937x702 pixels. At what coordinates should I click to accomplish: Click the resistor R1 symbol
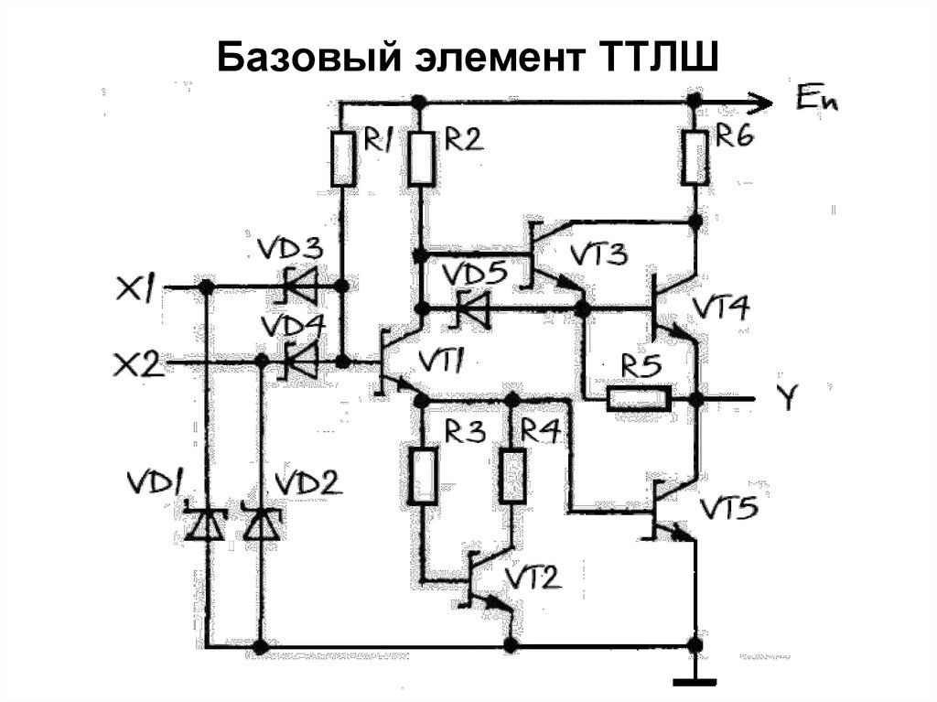click(342, 157)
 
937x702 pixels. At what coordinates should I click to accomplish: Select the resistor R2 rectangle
click(421, 157)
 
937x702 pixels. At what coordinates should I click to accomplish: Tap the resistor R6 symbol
click(695, 157)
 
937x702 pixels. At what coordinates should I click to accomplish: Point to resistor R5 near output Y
click(638, 399)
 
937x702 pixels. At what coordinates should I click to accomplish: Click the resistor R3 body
click(423, 477)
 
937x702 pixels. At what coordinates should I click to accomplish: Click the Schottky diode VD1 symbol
click(205, 524)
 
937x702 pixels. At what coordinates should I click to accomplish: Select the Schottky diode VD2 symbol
click(261, 524)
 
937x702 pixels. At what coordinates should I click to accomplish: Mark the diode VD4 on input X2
click(302, 362)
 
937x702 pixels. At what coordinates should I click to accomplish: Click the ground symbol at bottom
click(695, 681)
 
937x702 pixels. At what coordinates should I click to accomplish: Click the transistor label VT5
click(728, 509)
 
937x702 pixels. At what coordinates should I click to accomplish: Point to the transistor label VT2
click(533, 577)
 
